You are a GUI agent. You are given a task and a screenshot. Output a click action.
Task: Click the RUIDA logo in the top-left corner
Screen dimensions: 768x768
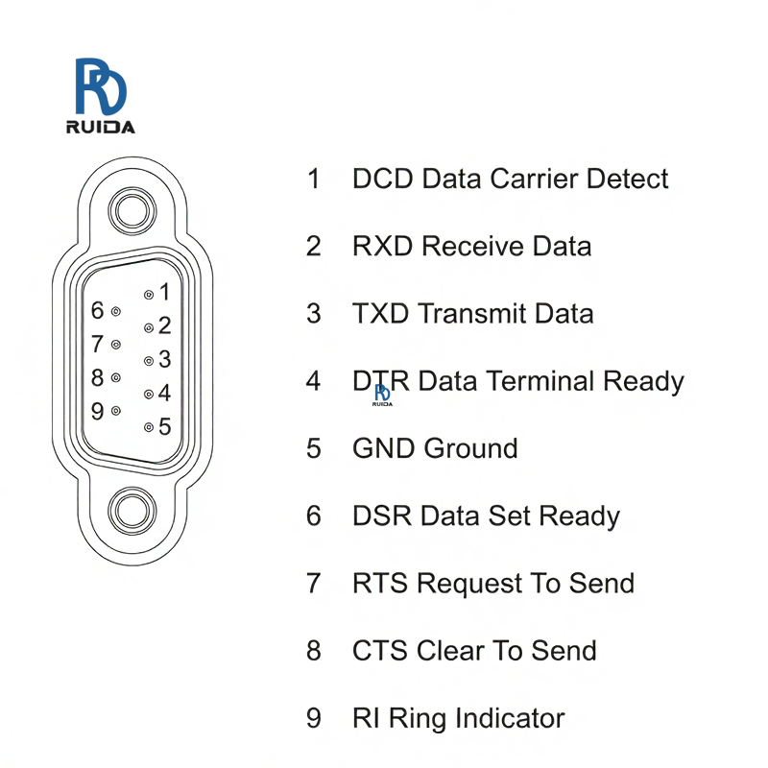pyautogui.click(x=100, y=96)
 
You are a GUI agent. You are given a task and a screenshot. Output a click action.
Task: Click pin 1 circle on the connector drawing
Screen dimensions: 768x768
pyautogui.click(x=149, y=295)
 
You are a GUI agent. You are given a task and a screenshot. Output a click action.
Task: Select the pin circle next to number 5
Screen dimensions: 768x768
pyautogui.click(x=149, y=427)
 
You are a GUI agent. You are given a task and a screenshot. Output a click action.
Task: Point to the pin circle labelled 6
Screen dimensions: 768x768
pyautogui.click(x=115, y=312)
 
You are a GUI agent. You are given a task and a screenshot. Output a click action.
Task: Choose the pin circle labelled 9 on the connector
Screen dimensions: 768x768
pyautogui.click(x=115, y=411)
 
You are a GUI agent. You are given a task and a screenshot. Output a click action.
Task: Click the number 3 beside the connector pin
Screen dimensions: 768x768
pyautogui.click(x=164, y=359)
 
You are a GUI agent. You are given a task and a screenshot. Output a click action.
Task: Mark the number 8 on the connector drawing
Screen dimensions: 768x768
pyautogui.click(x=97, y=377)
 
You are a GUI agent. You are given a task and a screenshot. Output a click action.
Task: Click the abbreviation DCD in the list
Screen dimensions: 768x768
pyautogui.click(x=383, y=179)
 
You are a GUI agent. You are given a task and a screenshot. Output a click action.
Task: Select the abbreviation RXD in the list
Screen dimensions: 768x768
pyautogui.click(x=383, y=247)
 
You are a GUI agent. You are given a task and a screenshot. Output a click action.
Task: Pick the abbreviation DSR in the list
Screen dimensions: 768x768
pyautogui.click(x=382, y=516)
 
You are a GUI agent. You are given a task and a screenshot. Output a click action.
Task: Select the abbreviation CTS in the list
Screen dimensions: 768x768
pyautogui.click(x=380, y=650)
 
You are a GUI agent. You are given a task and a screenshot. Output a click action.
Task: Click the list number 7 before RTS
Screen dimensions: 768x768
pyautogui.click(x=314, y=583)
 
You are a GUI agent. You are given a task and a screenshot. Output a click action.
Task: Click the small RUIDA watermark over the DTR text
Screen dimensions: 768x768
pyautogui.click(x=383, y=395)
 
